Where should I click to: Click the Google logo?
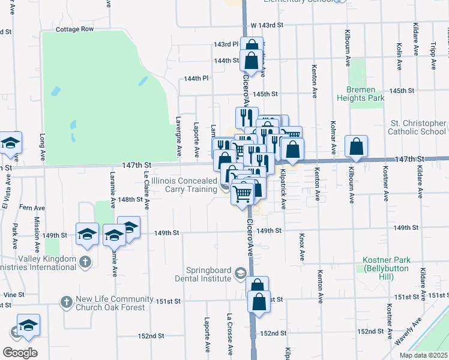coord(20,353)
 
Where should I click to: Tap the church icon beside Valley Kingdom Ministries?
coord(85,262)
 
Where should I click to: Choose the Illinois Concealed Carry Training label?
coord(184,185)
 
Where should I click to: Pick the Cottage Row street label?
coord(74,29)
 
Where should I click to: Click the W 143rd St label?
coord(267,25)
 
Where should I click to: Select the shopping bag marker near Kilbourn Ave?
coord(356,146)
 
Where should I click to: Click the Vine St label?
coord(12,295)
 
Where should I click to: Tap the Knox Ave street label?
coord(303,246)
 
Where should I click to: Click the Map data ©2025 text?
coord(423,355)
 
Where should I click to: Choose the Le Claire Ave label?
coord(146,192)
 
